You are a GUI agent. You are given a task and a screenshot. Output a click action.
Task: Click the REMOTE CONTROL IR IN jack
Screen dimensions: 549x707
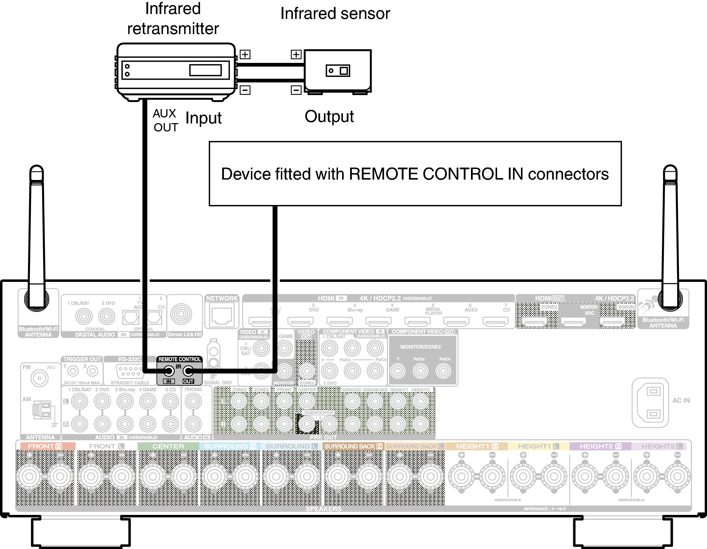click(169, 371)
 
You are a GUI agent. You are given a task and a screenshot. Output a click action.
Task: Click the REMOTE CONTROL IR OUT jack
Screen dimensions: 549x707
click(188, 371)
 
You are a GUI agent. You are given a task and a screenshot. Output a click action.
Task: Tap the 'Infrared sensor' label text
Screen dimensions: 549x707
click(335, 14)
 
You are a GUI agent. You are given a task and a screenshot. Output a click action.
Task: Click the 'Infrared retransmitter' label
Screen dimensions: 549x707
click(173, 19)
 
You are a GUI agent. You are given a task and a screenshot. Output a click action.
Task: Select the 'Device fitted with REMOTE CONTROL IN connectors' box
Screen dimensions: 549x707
click(415, 174)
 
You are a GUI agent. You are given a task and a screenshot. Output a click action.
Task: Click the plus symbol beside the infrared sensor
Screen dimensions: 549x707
click(296, 55)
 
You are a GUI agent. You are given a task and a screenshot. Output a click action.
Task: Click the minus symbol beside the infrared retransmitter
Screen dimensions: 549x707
click(245, 90)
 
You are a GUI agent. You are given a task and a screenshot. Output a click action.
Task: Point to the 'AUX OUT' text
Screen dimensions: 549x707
click(165, 120)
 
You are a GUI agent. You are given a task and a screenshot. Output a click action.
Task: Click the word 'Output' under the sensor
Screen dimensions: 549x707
click(329, 117)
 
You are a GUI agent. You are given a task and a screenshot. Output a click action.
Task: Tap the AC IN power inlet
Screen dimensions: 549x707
click(650, 402)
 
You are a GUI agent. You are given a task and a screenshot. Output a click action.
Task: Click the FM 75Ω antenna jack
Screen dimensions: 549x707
click(39, 378)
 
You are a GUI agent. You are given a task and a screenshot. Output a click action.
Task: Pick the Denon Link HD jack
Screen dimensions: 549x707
click(181, 314)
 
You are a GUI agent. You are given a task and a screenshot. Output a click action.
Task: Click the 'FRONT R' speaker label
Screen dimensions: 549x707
click(45, 446)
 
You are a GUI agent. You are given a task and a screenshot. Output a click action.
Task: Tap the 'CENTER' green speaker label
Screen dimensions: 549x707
click(168, 446)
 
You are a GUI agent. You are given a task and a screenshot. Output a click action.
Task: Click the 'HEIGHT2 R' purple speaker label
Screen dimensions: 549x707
click(600, 446)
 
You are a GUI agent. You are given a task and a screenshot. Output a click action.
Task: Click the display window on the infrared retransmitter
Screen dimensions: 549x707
click(205, 70)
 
